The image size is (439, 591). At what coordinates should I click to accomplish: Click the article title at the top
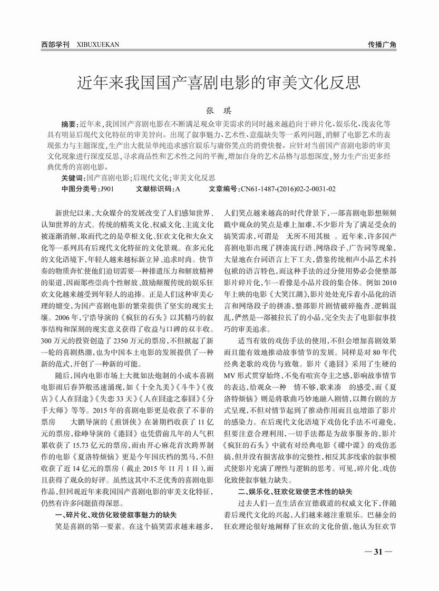pos(219,83)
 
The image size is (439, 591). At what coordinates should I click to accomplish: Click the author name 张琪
pos(219,112)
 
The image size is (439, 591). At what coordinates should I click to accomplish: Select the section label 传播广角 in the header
pos(382,45)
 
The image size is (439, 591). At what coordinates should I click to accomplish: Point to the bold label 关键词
pos(73,178)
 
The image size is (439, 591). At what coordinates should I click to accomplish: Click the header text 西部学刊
pos(55,45)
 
